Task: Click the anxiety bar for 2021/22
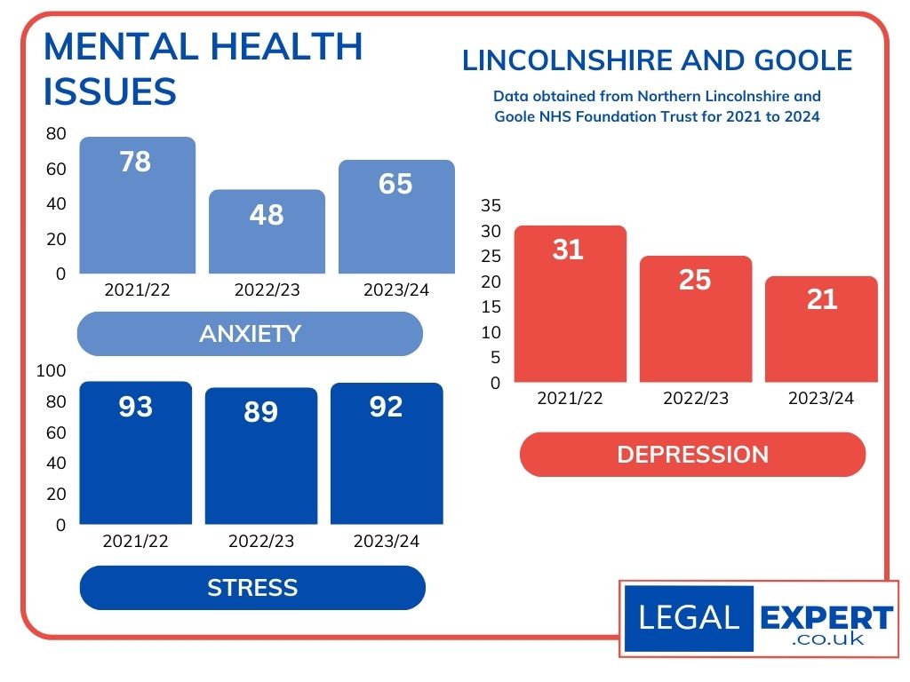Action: tap(138, 206)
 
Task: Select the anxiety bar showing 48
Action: tap(267, 232)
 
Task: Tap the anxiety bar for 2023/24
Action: tap(396, 218)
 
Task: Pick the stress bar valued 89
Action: tap(261, 456)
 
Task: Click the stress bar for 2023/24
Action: tap(387, 454)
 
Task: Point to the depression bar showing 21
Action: tap(821, 329)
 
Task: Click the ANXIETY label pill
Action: tap(250, 334)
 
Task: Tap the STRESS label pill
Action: tap(252, 588)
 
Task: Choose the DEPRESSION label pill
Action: tap(692, 455)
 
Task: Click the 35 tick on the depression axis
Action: tap(491, 205)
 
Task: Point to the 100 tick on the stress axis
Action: tap(51, 370)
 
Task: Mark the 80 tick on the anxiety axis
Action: tap(56, 134)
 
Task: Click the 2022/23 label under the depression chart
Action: tap(696, 399)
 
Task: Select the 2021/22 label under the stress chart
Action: tap(135, 541)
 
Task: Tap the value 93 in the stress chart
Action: tap(136, 408)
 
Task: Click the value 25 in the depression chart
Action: tap(695, 280)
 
